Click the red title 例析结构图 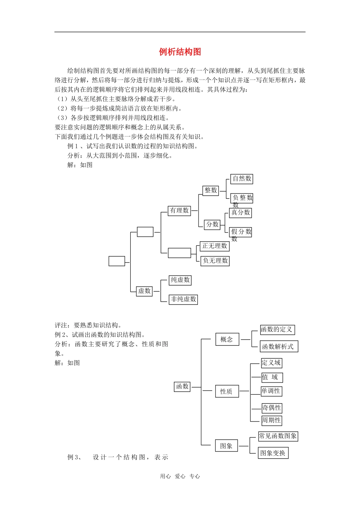[180, 52]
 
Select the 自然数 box [242, 179]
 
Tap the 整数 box [211, 190]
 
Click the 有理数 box [179, 211]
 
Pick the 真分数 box [240, 213]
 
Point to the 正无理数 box [214, 246]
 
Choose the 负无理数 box [215, 261]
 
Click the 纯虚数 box [180, 280]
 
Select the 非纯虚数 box [183, 299]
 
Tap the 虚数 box [144, 291]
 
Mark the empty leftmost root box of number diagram [117, 261]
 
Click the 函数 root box [182, 387]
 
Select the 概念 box [227, 339]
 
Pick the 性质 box [227, 392]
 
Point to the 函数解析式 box [279, 347]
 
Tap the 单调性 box [271, 391]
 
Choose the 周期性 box [271, 420]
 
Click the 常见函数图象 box [278, 436]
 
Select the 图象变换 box [273, 453]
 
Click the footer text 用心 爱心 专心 [180, 476]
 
